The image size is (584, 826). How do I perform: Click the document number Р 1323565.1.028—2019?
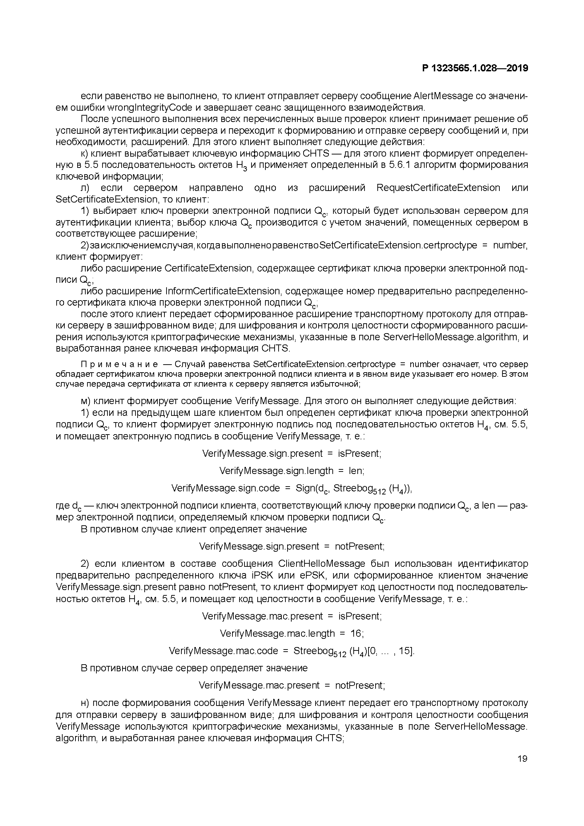pos(475,68)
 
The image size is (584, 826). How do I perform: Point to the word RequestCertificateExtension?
pos(438,188)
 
